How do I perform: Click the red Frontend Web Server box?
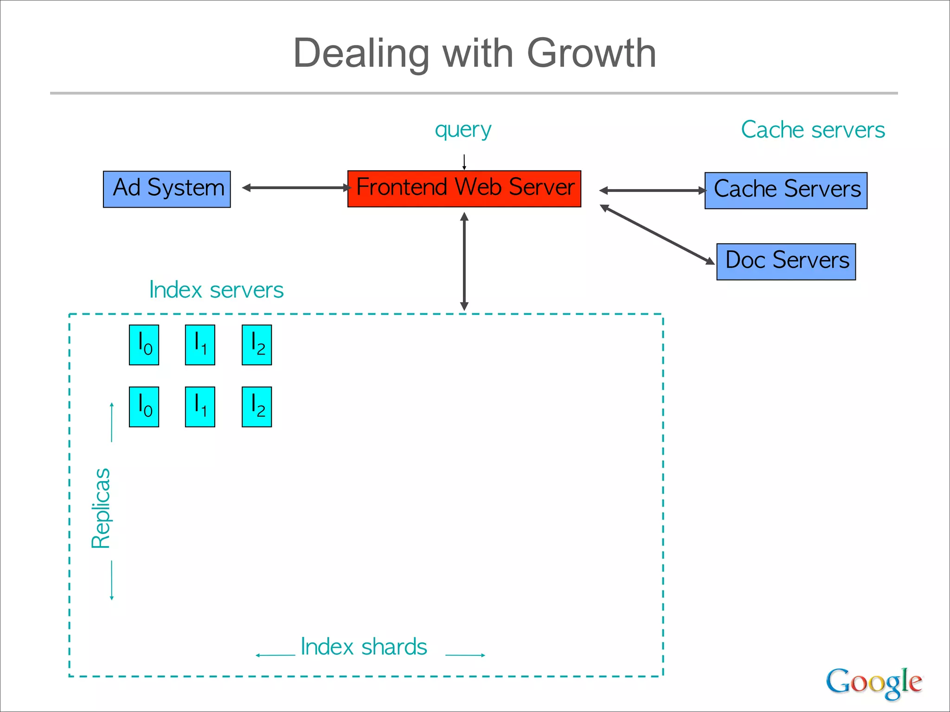click(464, 189)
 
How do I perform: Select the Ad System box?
click(167, 189)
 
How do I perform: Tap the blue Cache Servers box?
click(786, 191)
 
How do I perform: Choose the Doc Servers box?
click(786, 261)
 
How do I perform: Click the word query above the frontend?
click(462, 130)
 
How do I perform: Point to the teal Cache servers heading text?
click(813, 130)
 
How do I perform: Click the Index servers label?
click(216, 290)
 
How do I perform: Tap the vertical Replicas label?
click(101, 508)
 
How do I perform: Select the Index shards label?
click(364, 647)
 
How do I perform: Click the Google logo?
click(873, 682)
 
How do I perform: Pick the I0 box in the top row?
click(144, 345)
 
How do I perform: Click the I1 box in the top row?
click(200, 345)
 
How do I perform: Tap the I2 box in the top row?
click(257, 345)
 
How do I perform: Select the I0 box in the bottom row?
click(144, 407)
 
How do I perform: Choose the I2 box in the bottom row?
click(257, 407)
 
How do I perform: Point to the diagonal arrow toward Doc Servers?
click(657, 235)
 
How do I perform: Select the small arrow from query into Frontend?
click(464, 162)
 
